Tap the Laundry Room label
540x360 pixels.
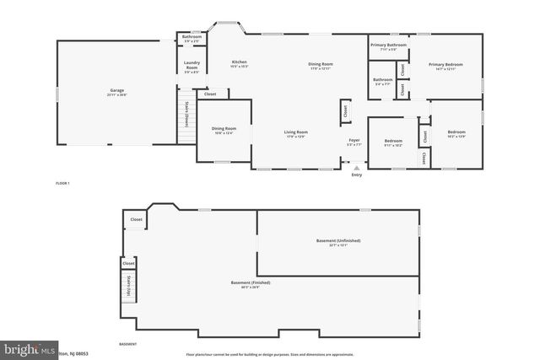click(192, 68)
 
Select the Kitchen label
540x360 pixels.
click(240, 63)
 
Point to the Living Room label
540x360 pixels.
click(295, 133)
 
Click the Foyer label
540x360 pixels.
click(354, 141)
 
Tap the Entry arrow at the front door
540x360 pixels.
click(356, 169)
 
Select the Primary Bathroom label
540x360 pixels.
click(388, 46)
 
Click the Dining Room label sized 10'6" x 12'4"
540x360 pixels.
click(223, 130)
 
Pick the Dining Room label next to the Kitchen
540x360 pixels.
click(321, 66)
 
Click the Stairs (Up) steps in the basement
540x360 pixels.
click(129, 276)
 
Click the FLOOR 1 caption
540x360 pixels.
click(62, 183)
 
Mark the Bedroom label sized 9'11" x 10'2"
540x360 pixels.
click(393, 142)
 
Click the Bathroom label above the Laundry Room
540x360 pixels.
click(192, 38)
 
